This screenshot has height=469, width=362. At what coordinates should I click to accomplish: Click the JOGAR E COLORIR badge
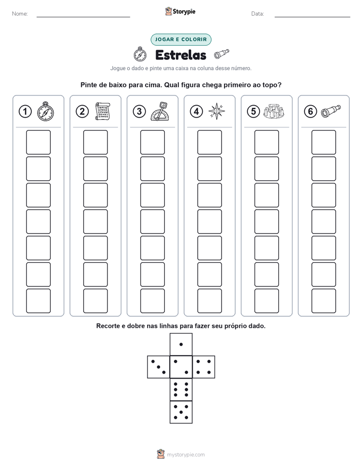pyautogui.click(x=180, y=40)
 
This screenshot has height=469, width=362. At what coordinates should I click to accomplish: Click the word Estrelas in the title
pyautogui.click(x=180, y=55)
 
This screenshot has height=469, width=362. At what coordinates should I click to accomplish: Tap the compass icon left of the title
pyautogui.click(x=140, y=54)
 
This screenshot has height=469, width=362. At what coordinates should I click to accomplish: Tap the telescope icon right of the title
pyautogui.click(x=222, y=54)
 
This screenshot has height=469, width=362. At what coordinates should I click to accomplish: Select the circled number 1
pyautogui.click(x=25, y=112)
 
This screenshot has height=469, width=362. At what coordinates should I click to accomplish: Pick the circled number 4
pyautogui.click(x=196, y=112)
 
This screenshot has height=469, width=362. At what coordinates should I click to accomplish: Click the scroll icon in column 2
pyautogui.click(x=102, y=112)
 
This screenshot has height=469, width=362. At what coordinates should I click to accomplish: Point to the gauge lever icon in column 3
pyautogui.click(x=160, y=112)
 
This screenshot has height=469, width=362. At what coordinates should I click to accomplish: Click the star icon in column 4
pyautogui.click(x=216, y=111)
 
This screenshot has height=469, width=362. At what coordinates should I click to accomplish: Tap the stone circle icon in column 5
pyautogui.click(x=274, y=112)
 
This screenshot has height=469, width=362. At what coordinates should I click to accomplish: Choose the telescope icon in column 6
pyautogui.click(x=331, y=111)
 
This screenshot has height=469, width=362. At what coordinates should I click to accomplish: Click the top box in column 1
pyautogui.click(x=38, y=142)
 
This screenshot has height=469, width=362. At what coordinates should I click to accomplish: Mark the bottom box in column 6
pyautogui.click(x=323, y=301)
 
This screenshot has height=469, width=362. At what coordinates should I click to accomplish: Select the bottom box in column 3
pyautogui.click(x=152, y=301)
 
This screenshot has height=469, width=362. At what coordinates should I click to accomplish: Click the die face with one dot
pyautogui.click(x=181, y=344)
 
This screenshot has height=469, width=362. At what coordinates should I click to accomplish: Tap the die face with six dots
pyautogui.click(x=181, y=389)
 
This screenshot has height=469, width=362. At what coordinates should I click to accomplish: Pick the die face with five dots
pyautogui.click(x=181, y=412)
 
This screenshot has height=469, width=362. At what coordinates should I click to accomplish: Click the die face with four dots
pyautogui.click(x=204, y=367)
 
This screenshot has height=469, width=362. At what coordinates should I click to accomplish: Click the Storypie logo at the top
pyautogui.click(x=180, y=11)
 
